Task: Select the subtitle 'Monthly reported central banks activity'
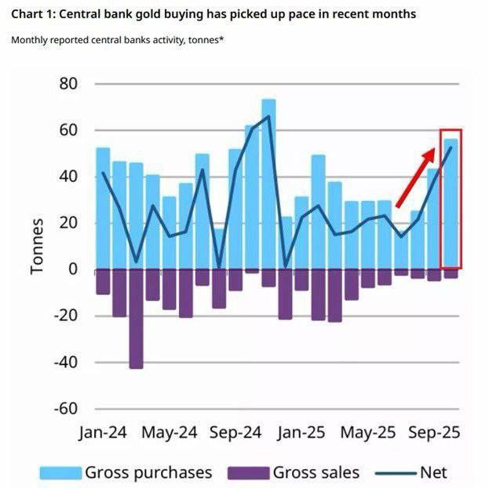point(117,39)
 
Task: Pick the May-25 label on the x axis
point(369,432)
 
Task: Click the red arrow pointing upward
point(414,173)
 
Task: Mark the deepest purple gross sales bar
point(137,318)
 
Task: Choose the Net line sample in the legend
point(396,472)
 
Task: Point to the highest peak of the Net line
point(268,116)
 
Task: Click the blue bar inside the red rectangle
point(451,204)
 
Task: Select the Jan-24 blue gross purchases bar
point(103,208)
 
